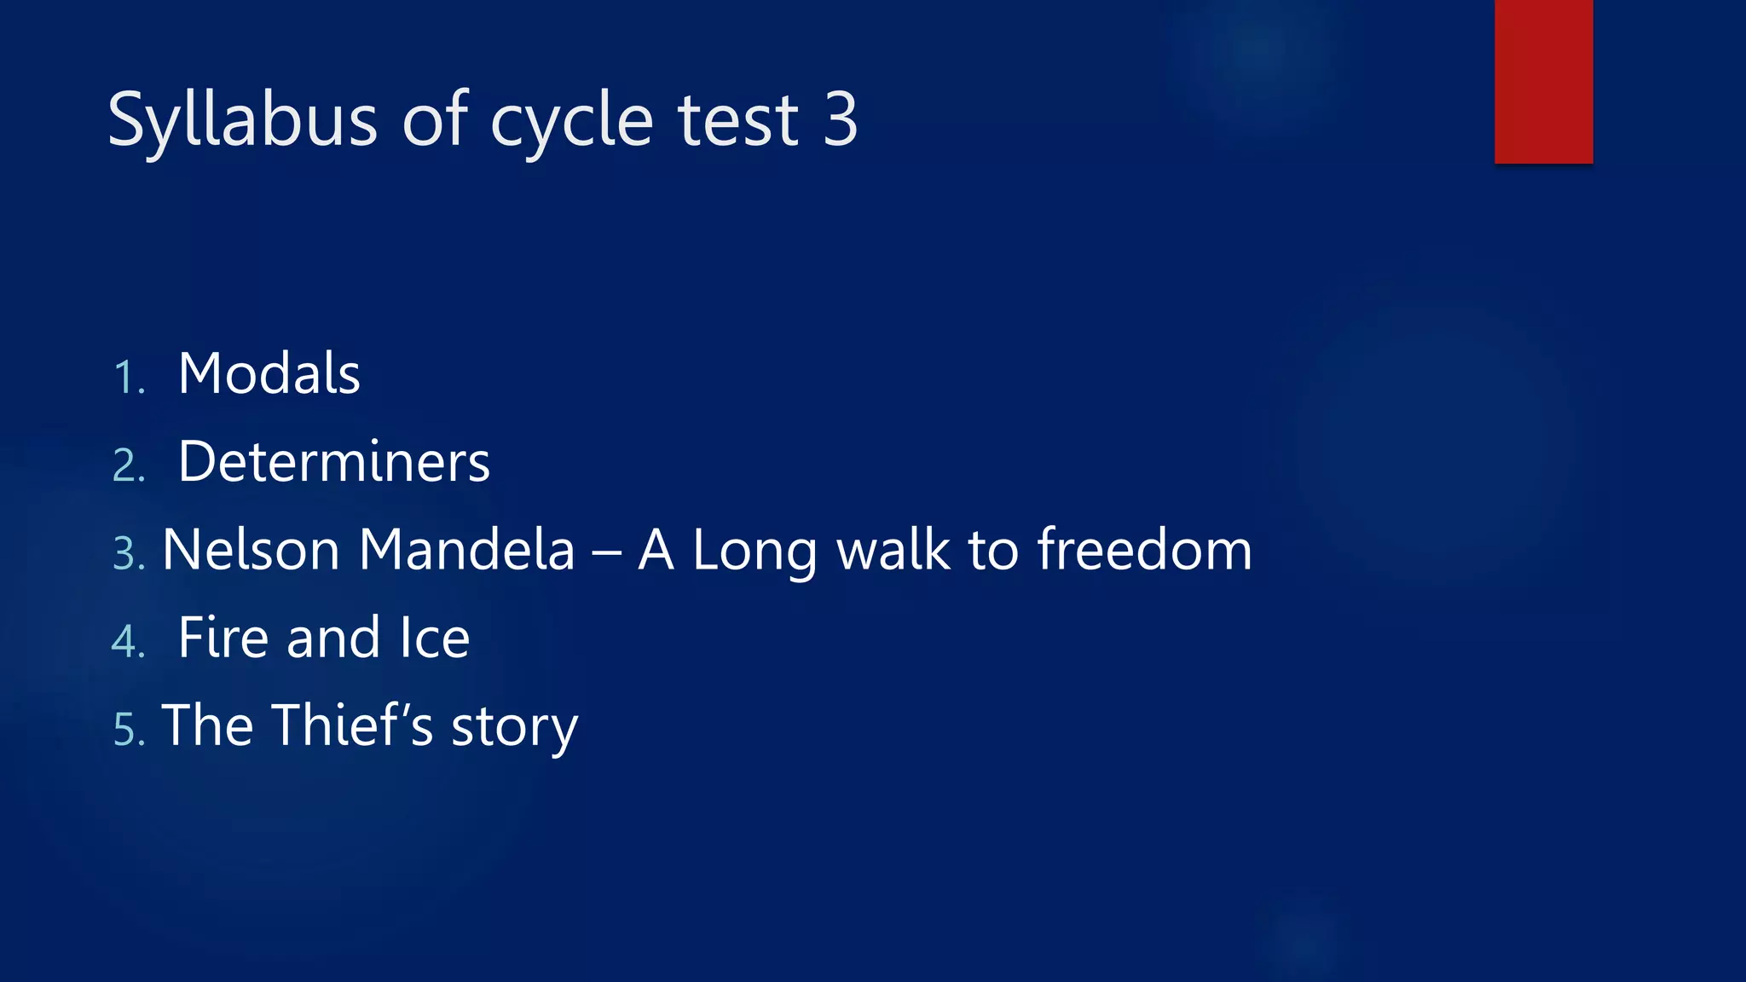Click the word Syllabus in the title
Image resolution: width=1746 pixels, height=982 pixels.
[242, 121]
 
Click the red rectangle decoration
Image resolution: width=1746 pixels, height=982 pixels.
[1543, 81]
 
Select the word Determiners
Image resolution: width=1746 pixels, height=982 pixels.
[333, 462]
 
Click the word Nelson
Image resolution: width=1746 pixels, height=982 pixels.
[251, 550]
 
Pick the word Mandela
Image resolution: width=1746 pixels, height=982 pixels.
[466, 550]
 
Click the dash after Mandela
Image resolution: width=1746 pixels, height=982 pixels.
[606, 552]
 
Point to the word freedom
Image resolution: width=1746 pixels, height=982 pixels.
[1144, 550]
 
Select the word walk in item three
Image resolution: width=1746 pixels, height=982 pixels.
[893, 550]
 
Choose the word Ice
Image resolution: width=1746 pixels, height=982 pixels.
[435, 638]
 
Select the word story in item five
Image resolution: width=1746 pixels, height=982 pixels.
[514, 729]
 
